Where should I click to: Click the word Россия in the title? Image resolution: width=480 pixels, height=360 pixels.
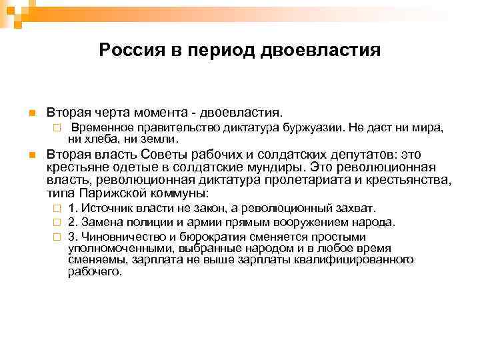coord(127,51)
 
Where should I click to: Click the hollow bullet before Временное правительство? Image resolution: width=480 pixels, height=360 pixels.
coord(58,127)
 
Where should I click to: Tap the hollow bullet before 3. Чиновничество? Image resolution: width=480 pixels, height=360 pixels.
coord(58,237)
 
